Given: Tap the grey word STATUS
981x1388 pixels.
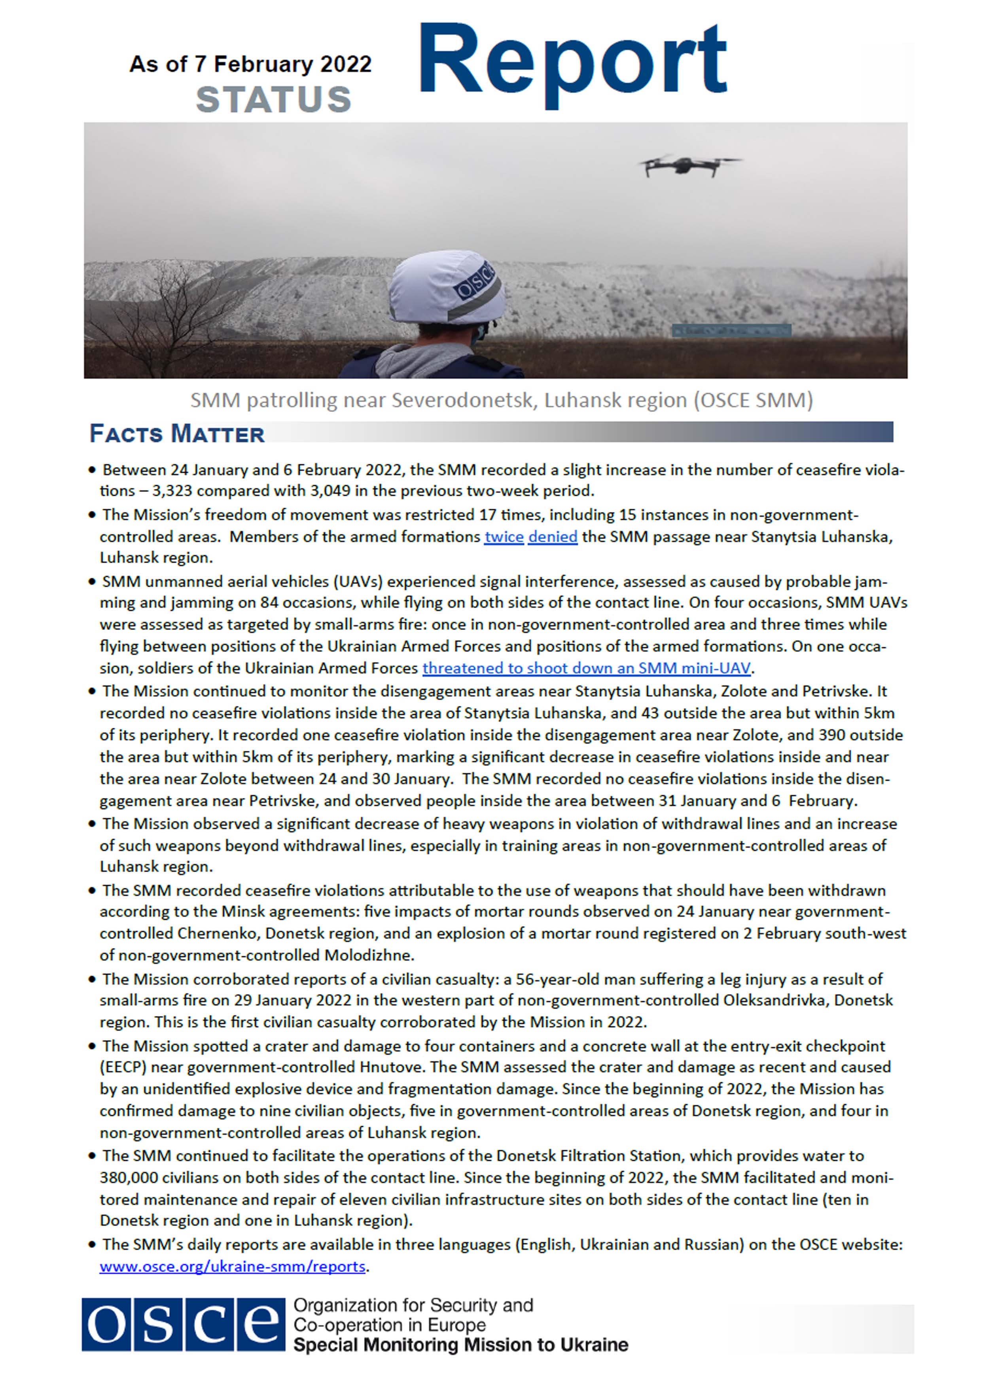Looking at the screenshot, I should tap(273, 100).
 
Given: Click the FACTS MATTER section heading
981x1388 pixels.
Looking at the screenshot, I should tap(177, 434).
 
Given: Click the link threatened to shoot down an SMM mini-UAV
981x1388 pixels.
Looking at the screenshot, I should tap(586, 668).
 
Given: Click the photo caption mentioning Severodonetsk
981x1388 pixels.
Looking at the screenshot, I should tap(501, 400).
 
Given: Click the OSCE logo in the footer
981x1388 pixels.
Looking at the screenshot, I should tap(183, 1325).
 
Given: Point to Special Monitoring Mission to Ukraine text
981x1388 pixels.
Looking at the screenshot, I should tap(460, 1345).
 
